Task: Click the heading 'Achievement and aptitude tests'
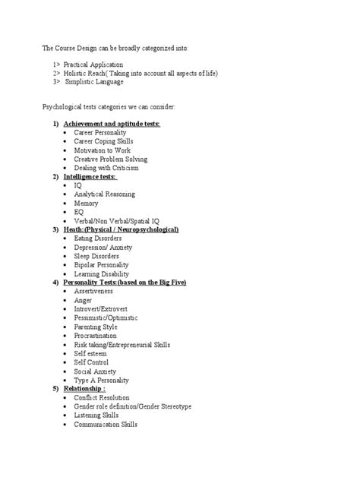point(112,123)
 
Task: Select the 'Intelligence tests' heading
point(90,176)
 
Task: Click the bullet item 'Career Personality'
point(99,132)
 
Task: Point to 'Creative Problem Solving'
point(110,159)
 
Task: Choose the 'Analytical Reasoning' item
point(104,194)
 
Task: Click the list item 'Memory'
point(86,203)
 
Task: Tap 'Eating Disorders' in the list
point(98,238)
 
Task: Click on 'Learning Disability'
point(101,273)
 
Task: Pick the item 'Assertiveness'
point(93,291)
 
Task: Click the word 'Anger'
point(83,300)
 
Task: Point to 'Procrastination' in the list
point(96,335)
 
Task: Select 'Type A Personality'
point(101,380)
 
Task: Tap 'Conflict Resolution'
point(102,397)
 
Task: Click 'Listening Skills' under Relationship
point(96,415)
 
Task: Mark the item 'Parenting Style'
point(96,327)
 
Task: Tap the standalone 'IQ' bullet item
point(77,185)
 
